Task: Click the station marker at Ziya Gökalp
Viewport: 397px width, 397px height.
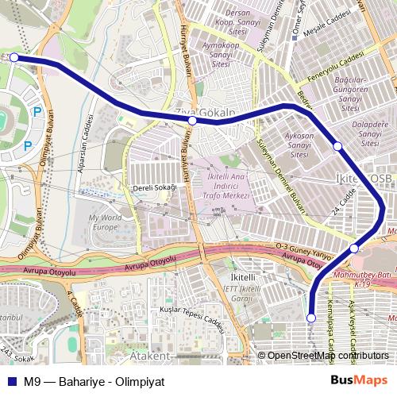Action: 192,121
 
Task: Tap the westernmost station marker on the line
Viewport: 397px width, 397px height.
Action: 14,57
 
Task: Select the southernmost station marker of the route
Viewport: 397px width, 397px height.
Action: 311,318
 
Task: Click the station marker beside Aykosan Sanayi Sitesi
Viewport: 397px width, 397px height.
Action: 337,146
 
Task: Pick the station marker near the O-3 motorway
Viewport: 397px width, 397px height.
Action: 354,249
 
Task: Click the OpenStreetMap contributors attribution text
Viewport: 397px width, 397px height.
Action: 327,356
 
